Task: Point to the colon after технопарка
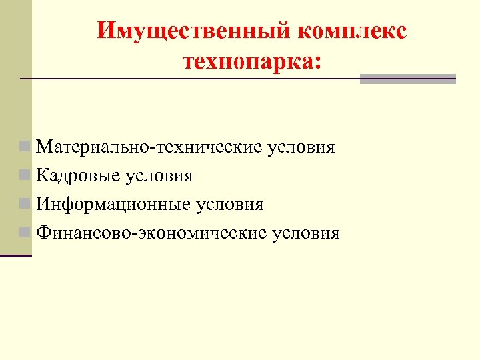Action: [315, 64]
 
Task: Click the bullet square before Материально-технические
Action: [25, 145]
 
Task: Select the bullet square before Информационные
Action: [25, 203]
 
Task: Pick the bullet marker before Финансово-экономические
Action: [25, 232]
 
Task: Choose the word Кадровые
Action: [79, 175]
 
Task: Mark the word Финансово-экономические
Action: [152, 233]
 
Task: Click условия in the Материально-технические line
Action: [300, 146]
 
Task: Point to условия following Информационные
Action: [229, 204]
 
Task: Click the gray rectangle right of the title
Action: [407, 79]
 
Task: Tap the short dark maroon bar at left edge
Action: [16, 256]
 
